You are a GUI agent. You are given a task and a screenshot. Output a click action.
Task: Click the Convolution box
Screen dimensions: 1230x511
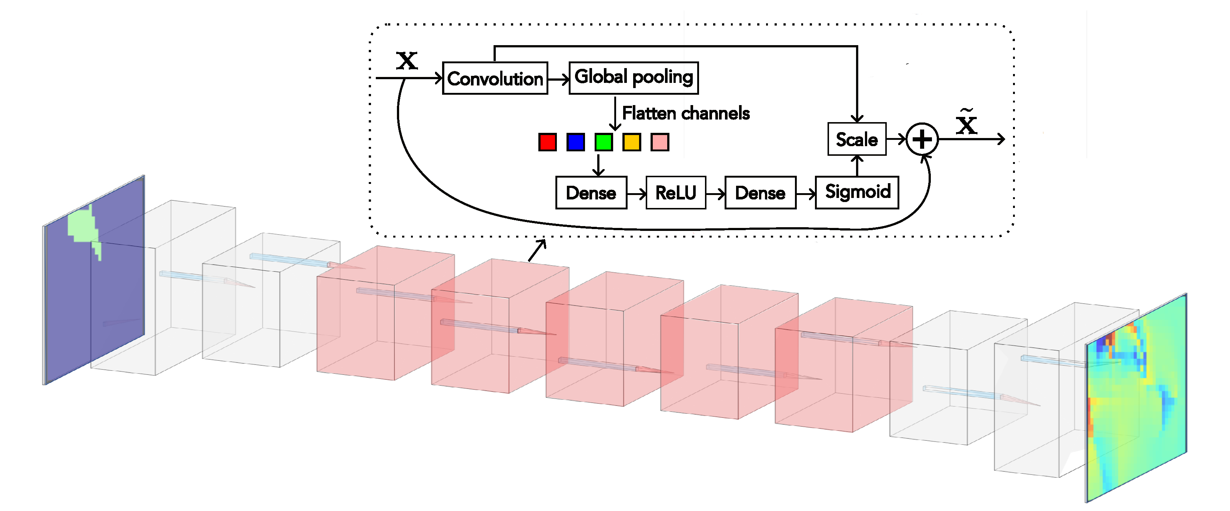point(495,78)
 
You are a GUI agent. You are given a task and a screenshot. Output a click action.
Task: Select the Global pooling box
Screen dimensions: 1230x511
point(634,78)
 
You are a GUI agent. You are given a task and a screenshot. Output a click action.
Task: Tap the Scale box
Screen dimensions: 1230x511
point(857,139)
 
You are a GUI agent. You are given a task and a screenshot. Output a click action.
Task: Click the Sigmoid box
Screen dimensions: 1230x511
point(857,192)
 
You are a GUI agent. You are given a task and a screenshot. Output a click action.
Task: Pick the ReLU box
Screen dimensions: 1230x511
point(676,192)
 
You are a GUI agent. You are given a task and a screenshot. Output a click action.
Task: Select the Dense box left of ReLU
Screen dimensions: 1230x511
point(591,192)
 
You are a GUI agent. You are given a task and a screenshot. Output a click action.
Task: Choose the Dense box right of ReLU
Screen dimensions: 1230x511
point(760,192)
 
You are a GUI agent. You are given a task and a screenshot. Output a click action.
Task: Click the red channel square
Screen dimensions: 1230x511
point(547,142)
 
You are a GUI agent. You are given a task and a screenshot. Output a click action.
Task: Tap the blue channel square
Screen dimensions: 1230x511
point(575,142)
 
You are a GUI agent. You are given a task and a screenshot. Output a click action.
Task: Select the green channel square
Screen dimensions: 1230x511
point(604,142)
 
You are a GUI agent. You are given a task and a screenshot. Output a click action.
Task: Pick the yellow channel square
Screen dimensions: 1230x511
point(632,142)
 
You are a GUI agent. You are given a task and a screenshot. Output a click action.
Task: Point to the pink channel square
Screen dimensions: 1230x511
point(660,142)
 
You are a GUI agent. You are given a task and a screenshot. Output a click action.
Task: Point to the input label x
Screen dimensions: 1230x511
point(407,61)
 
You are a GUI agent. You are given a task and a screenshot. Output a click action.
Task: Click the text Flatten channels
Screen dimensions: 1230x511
point(686,113)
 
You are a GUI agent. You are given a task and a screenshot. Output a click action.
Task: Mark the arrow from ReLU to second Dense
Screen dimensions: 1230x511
point(715,193)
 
